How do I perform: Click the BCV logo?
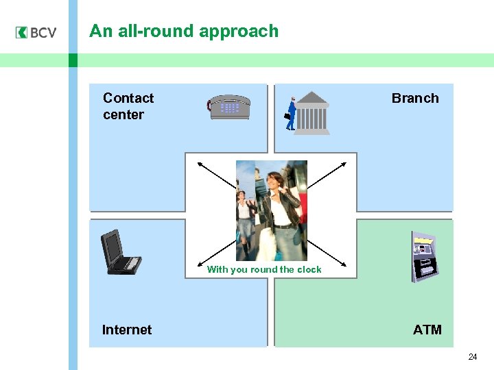pyautogui.click(x=36, y=33)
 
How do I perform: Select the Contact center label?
pyautogui.click(x=128, y=106)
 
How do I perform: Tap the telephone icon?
pyautogui.click(x=229, y=108)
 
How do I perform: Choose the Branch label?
pyautogui.click(x=414, y=98)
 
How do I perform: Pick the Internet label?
pyautogui.click(x=126, y=330)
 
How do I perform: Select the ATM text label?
pyautogui.click(x=427, y=330)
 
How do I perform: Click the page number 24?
pyautogui.click(x=473, y=357)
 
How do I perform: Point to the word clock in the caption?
pyautogui.click(x=309, y=270)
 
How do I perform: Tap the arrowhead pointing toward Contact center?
pyautogui.click(x=200, y=163)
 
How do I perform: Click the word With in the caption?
pyautogui.click(x=217, y=270)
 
